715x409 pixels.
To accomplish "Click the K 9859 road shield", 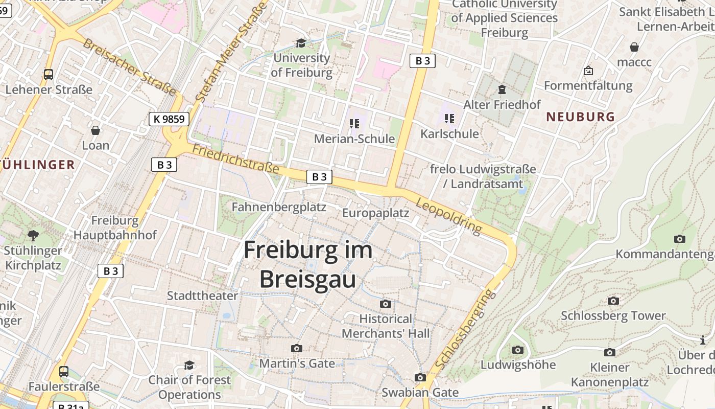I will click(169, 119).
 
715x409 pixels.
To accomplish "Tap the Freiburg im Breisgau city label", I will click(308, 264).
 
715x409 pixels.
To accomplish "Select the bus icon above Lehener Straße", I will click(49, 75).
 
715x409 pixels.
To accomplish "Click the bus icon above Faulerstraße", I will click(64, 372).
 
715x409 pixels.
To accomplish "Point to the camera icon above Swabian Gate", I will click(420, 378).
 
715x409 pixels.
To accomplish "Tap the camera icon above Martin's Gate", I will click(296, 349).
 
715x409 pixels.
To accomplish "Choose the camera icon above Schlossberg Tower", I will click(613, 301).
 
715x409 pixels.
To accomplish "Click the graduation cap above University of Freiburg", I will click(301, 43).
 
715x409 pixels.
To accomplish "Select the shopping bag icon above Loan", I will click(96, 130).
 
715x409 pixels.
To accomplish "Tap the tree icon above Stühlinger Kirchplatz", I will click(33, 236).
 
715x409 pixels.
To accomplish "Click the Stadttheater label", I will click(202, 296).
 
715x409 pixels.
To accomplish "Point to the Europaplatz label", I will click(375, 213).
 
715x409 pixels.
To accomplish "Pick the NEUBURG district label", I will click(581, 117).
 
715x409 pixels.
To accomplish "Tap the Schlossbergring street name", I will click(465, 329).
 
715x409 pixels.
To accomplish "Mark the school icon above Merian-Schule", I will click(354, 123).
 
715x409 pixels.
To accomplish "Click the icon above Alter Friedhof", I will click(502, 90).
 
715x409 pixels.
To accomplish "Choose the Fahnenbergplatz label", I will click(279, 207).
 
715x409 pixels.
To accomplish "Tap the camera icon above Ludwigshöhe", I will click(518, 350).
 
